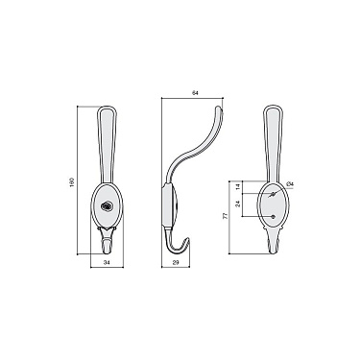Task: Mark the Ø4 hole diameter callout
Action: click(x=291, y=182)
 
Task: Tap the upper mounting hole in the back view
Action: click(x=276, y=196)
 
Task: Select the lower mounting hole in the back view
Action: click(x=276, y=217)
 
